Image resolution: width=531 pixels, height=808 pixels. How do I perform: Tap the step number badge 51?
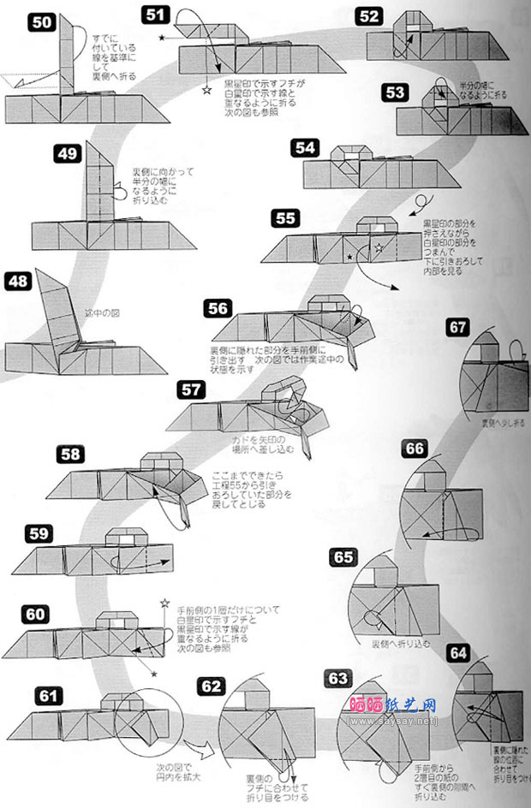coord(156,14)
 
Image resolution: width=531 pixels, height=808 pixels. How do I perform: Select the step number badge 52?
coord(370,16)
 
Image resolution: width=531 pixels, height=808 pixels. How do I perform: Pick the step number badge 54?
coord(305,147)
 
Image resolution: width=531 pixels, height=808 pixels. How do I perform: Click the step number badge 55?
coord(286,217)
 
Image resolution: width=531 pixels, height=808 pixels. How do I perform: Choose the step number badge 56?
coord(218,309)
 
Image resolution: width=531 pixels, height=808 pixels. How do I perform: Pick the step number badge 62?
coord(212,686)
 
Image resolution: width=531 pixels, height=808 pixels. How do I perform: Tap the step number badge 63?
coord(339,679)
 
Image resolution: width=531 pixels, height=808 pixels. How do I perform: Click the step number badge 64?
coord(459,654)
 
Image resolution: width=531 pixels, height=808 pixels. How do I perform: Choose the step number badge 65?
coord(343,557)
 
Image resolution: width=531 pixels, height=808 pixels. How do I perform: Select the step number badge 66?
coord(415,449)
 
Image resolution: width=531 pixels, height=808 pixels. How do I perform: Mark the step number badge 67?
coord(459,327)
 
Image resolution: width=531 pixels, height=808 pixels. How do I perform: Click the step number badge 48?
coord(20,280)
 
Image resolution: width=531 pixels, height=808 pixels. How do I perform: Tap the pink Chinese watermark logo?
coord(394,705)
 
